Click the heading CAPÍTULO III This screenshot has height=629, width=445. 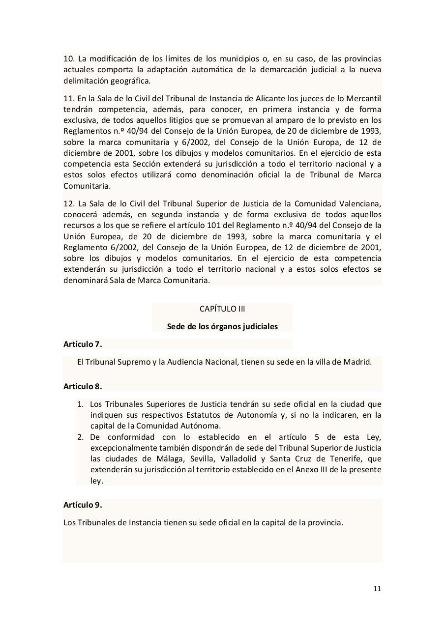(x=222, y=309)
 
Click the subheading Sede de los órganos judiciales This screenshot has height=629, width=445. (x=222, y=326)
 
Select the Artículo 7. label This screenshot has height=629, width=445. (x=83, y=344)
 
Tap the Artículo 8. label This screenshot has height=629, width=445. (x=83, y=386)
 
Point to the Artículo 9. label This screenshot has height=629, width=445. (x=83, y=505)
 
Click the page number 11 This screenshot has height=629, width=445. (x=377, y=589)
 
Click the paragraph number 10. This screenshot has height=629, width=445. (x=68, y=58)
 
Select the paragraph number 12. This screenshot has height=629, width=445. (x=68, y=203)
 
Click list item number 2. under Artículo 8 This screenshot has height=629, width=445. (x=81, y=437)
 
